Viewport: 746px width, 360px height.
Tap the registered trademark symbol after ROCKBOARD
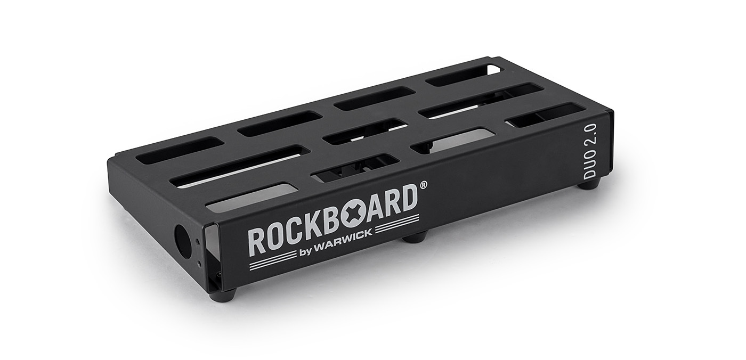[423, 185]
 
